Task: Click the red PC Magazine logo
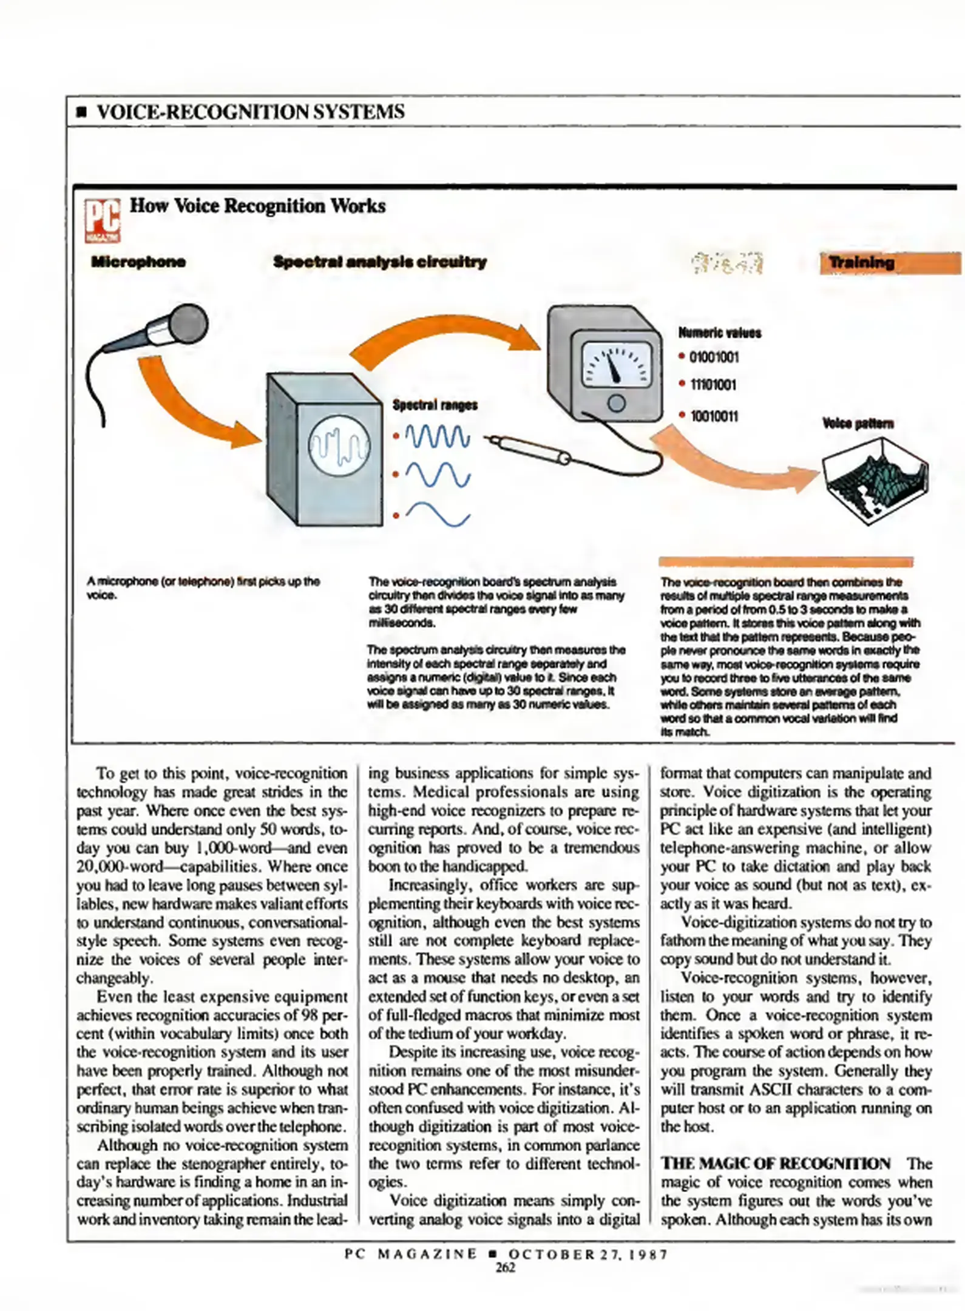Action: (x=102, y=220)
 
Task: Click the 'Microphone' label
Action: (x=138, y=262)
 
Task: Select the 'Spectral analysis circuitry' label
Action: (x=379, y=262)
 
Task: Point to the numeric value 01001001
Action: (x=714, y=357)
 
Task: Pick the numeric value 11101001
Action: (x=713, y=385)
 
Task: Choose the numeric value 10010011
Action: (x=714, y=416)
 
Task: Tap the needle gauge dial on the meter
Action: (x=616, y=364)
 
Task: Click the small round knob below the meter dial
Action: (x=616, y=403)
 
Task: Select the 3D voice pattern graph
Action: (x=875, y=479)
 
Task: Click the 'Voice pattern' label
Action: (x=858, y=423)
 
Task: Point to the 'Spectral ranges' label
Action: (x=435, y=405)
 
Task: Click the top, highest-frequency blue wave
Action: (x=437, y=436)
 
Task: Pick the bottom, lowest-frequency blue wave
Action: (x=437, y=514)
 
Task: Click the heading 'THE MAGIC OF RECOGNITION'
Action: (x=775, y=1164)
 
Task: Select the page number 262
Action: (x=505, y=1267)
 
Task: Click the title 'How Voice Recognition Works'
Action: (x=257, y=206)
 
